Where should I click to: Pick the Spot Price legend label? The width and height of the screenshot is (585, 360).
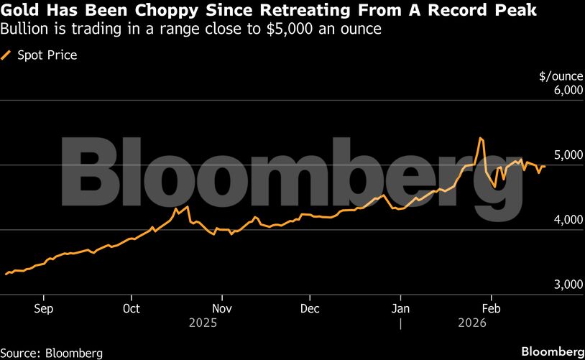[47, 55]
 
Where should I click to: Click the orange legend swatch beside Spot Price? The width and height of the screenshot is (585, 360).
[7, 55]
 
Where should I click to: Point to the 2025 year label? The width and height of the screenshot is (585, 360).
[203, 323]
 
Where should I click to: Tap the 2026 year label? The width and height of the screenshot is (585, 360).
[472, 323]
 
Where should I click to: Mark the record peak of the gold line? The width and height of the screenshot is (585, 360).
[479, 137]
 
